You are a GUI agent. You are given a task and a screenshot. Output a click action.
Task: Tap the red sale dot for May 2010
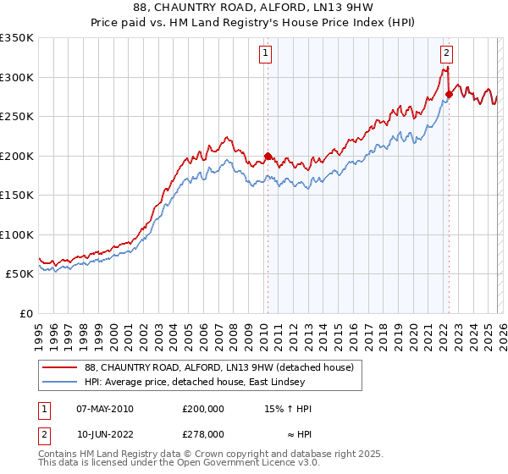coord(268,156)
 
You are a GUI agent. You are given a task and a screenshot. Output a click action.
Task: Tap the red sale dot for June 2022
coord(449,95)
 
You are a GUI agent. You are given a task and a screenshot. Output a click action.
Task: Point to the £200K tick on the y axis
coord(19,156)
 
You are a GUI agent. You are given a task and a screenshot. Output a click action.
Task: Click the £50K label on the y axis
coord(19,273)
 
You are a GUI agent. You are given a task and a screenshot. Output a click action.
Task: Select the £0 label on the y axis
coord(25,313)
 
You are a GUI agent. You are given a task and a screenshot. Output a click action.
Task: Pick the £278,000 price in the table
coord(202,433)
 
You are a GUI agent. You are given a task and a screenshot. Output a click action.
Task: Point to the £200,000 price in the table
coord(202,409)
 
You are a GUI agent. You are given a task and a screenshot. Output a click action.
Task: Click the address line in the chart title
coord(254,9)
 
